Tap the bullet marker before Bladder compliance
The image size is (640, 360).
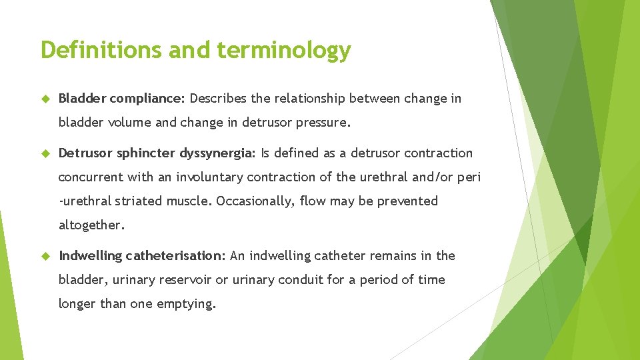click(x=45, y=99)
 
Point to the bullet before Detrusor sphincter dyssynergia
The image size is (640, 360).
click(x=45, y=153)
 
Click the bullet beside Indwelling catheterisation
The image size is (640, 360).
click(x=45, y=256)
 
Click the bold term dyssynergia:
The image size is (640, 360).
click(x=217, y=153)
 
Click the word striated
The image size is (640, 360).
click(x=137, y=201)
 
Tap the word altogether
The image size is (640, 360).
click(x=91, y=225)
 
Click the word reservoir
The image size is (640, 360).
click(x=185, y=279)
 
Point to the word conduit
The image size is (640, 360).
click(x=299, y=279)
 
